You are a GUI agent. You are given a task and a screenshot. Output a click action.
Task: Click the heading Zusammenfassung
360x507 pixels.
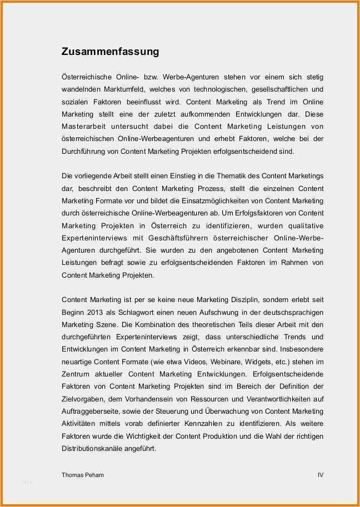coord(110,52)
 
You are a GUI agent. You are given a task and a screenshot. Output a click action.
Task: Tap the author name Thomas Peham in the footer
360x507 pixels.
coord(83,475)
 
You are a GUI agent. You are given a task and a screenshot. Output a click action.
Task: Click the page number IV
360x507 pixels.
coord(320,475)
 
